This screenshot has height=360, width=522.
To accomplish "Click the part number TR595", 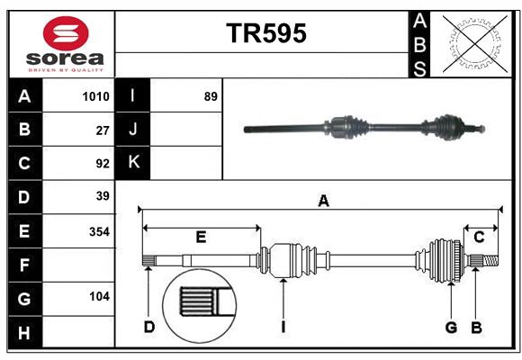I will point(265,33).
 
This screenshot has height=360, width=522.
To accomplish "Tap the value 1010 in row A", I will point(95,96).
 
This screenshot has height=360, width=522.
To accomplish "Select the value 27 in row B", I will point(103,130).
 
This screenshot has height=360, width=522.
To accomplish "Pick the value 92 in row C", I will point(102,164).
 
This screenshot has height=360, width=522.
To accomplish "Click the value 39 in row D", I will point(102,196).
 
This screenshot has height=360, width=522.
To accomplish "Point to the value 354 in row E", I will point(99,231).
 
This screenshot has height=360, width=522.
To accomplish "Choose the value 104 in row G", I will point(99,296).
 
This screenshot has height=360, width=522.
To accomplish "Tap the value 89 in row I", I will point(211,96).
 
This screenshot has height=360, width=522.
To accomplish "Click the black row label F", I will point(24,265).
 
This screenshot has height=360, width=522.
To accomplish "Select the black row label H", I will point(24,333).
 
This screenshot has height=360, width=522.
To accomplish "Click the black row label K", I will point(133,163).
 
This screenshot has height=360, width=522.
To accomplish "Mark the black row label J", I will point(133,130).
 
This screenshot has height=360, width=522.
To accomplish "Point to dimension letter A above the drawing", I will point(323,202).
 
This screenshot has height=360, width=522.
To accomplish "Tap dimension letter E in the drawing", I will point(201,238).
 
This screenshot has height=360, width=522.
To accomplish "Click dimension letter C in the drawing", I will point(480,237).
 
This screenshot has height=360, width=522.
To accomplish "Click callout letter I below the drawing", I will point(282,327).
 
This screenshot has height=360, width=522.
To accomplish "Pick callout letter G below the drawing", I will point(452,327).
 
